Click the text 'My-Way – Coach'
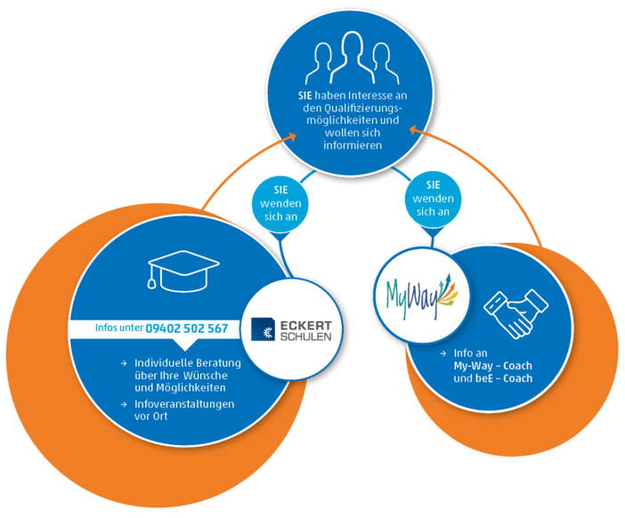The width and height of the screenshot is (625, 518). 492,366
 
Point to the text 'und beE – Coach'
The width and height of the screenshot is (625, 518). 492,378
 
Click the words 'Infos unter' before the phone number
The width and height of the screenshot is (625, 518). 119,328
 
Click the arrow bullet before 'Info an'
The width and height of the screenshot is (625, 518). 442,353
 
